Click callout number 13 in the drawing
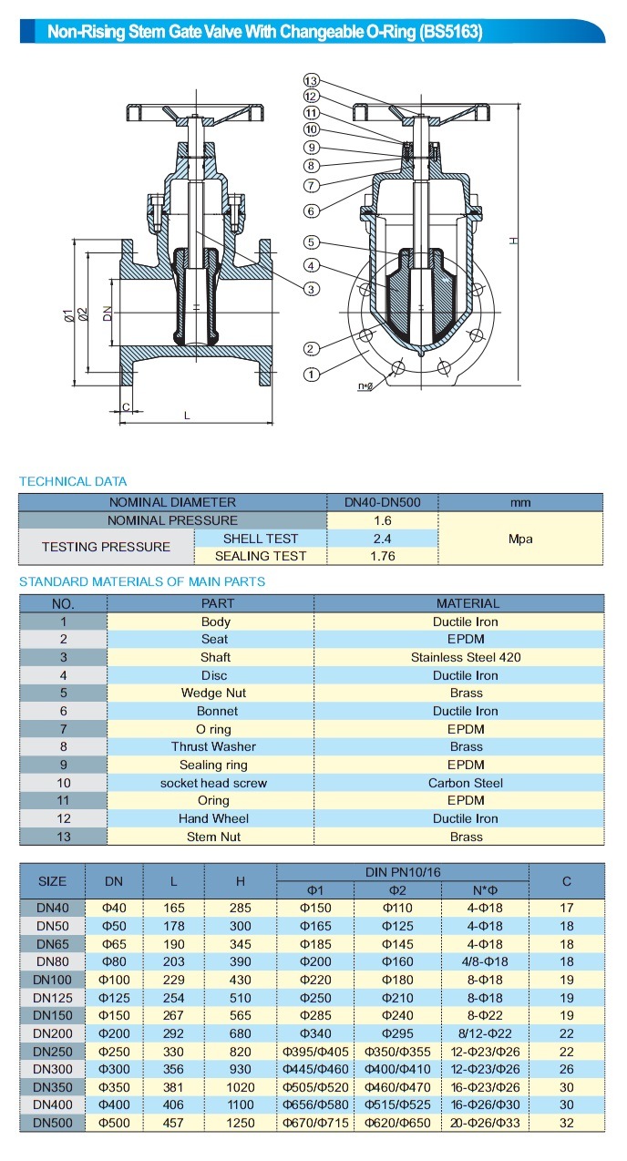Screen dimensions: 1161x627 tap(311, 80)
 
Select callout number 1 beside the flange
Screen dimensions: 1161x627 tap(311, 374)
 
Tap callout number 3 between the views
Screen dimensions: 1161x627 tap(312, 289)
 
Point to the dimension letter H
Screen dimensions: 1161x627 tap(513, 241)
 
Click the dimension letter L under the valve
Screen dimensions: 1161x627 tap(187, 415)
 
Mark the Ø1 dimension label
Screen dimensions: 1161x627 tap(68, 315)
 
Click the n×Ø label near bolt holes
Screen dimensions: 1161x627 tap(365, 386)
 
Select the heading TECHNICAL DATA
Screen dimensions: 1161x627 tap(73, 481)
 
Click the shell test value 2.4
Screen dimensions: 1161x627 tap(382, 538)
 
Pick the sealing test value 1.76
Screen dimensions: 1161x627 tap(382, 556)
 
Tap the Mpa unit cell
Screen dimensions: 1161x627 tap(520, 539)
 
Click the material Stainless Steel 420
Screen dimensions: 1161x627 tap(467, 657)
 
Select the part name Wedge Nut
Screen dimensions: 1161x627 tap(214, 693)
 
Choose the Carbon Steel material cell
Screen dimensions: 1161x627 tap(467, 783)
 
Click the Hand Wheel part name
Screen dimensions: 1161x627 tap(214, 818)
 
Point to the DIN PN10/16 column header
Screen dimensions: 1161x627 tap(403, 872)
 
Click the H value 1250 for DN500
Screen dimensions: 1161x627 tap(241, 1123)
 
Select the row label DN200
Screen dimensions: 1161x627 tap(52, 1033)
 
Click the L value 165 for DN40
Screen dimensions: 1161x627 tap(173, 908)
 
